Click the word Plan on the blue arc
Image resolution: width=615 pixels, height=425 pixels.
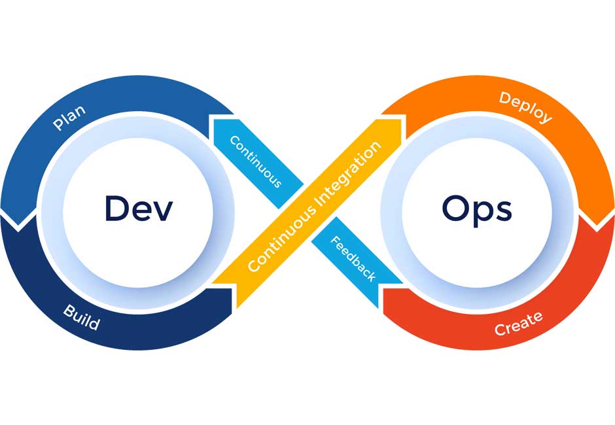point(69,116)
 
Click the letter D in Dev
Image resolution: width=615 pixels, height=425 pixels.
point(117,209)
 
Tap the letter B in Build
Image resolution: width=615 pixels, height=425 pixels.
point(69,309)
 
